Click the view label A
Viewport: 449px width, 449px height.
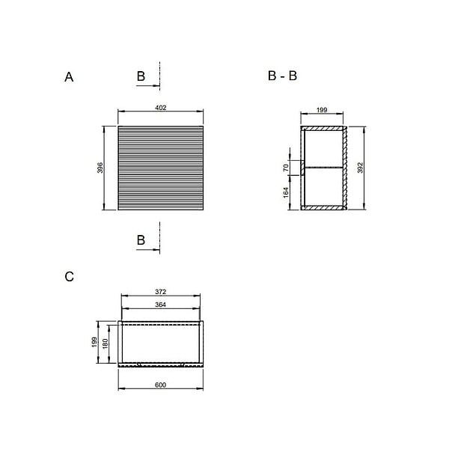coord(69,77)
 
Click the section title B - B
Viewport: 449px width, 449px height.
coord(282,76)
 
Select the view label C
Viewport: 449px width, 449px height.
coord(70,277)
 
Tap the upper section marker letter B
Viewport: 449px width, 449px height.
coord(141,76)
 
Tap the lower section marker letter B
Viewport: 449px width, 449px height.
coord(141,240)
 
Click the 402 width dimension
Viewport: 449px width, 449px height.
coord(161,108)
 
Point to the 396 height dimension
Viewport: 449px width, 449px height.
coord(100,168)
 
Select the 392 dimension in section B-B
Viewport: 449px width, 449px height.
coord(360,168)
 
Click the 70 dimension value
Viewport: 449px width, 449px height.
coord(286,168)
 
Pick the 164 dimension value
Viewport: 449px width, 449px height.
coord(286,192)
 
